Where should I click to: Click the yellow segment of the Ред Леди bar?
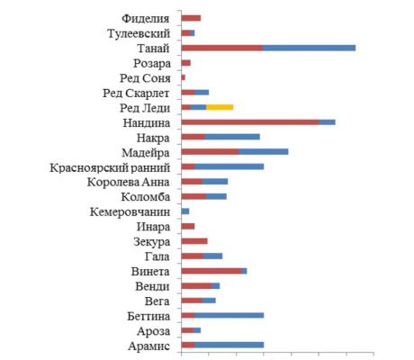pyautogui.click(x=220, y=107)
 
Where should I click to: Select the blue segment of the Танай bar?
pyautogui.click(x=310, y=48)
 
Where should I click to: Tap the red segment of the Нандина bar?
pyautogui.click(x=250, y=122)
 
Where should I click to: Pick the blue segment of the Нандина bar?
pyautogui.click(x=328, y=122)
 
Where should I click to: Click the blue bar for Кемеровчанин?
pyautogui.click(x=185, y=211)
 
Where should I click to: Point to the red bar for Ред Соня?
pyautogui.click(x=184, y=77)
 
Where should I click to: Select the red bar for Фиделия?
pyautogui.click(x=191, y=18)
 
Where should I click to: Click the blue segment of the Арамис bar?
pyautogui.click(x=229, y=345)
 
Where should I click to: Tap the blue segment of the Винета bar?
pyautogui.click(x=244, y=271)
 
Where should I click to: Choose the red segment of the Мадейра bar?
pyautogui.click(x=211, y=152)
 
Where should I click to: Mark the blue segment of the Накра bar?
pyautogui.click(x=232, y=137)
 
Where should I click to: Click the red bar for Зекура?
pyautogui.click(x=194, y=241)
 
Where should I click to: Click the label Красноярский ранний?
pyautogui.click(x=110, y=167)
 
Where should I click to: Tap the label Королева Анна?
pyautogui.click(x=129, y=182)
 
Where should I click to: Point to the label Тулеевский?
pyautogui.click(x=139, y=33)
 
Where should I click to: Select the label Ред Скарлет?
pyautogui.click(x=136, y=94)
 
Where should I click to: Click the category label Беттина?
pyautogui.click(x=148, y=316)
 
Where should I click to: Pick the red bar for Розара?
pyautogui.click(x=186, y=63)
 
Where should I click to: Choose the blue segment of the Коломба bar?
pyautogui.click(x=216, y=196)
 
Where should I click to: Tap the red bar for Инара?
pyautogui.click(x=188, y=226)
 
